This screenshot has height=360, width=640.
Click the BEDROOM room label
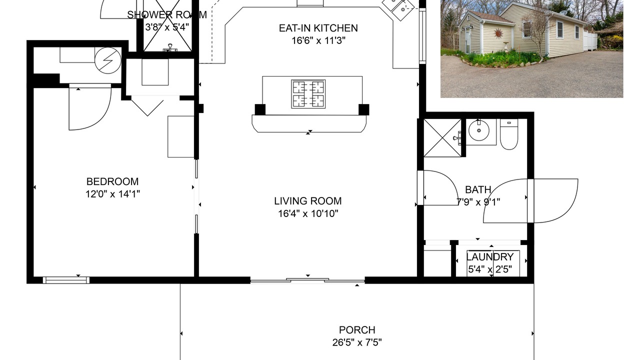tap(112, 181)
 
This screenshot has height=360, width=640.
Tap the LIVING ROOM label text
tap(308, 201)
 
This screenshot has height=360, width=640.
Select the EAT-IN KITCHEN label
tap(318, 28)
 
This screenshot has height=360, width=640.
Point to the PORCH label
tap(357, 329)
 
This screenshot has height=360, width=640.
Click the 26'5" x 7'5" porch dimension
tap(357, 342)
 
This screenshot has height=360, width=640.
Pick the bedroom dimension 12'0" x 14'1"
tap(112, 194)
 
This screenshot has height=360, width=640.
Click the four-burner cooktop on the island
tap(308, 94)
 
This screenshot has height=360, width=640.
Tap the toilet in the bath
tap(509, 134)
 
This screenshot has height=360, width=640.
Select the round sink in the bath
tap(479, 130)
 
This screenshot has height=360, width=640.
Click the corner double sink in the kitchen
tap(398, 9)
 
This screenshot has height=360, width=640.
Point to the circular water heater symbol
tap(108, 60)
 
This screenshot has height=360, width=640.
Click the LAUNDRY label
tap(489, 257)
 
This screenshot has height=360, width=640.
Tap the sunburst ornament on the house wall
tap(498, 33)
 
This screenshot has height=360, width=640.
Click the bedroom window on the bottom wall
tap(66, 280)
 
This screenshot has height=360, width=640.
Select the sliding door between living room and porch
tap(307, 281)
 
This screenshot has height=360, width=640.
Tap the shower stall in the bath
tap(442, 138)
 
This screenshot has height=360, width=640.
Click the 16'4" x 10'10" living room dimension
tap(308, 213)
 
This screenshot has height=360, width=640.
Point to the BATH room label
tap(478, 189)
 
